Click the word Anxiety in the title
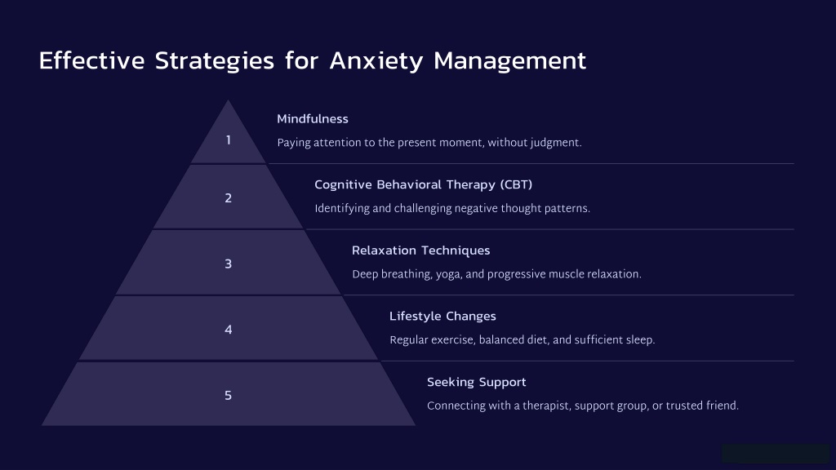pyautogui.click(x=376, y=60)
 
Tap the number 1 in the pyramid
pyautogui.click(x=229, y=140)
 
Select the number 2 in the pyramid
pyautogui.click(x=229, y=198)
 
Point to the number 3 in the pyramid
pyautogui.click(x=229, y=264)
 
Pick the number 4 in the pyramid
pyautogui.click(x=229, y=330)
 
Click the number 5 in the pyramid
pyautogui.click(x=229, y=396)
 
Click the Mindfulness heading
pyautogui.click(x=313, y=119)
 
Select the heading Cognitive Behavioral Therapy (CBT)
pyautogui.click(x=424, y=185)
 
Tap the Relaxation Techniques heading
pyautogui.click(x=420, y=251)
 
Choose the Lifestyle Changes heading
pyautogui.click(x=442, y=317)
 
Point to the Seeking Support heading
pyautogui.click(x=476, y=382)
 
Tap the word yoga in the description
pyautogui.click(x=449, y=274)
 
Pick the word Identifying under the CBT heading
pyautogui.click(x=342, y=208)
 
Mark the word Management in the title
pyautogui.click(x=509, y=61)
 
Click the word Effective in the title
pyautogui.click(x=91, y=60)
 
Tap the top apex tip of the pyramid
pyautogui.click(x=229, y=100)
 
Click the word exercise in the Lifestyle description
pyautogui.click(x=452, y=340)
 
